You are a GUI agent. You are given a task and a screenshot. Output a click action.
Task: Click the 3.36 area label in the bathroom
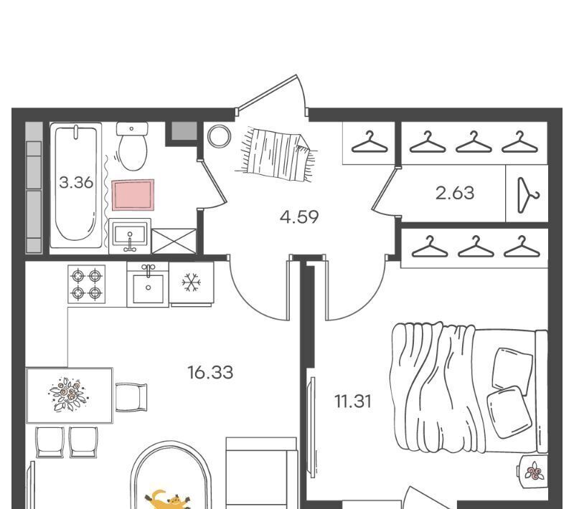pyautogui.click(x=76, y=182)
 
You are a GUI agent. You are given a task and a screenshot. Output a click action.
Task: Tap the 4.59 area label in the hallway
pyautogui.click(x=299, y=217)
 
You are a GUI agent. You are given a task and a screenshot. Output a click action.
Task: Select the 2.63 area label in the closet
pyautogui.click(x=455, y=193)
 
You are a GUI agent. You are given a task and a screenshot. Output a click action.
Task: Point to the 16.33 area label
pyautogui.click(x=210, y=373)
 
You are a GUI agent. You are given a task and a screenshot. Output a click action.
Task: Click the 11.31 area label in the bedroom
pyautogui.click(x=353, y=401)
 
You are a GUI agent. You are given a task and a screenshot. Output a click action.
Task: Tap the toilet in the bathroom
pyautogui.click(x=132, y=146)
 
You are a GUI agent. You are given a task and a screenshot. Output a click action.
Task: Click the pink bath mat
pyautogui.click(x=133, y=195)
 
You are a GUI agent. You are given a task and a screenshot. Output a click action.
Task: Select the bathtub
pyautogui.click(x=76, y=186)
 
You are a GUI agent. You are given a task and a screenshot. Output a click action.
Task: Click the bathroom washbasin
pyautogui.click(x=130, y=236)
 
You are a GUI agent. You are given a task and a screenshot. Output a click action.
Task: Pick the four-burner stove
pyautogui.click(x=86, y=284)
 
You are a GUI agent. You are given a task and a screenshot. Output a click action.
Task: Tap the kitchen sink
pyautogui.click(x=148, y=285)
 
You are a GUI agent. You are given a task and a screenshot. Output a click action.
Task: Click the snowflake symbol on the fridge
pyautogui.click(x=191, y=282)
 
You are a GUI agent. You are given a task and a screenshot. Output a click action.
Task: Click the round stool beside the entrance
pyautogui.click(x=220, y=136)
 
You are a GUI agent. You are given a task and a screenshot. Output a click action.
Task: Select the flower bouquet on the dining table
pyautogui.click(x=68, y=394)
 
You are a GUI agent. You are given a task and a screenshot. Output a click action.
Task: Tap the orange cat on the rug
pyautogui.click(x=169, y=500)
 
